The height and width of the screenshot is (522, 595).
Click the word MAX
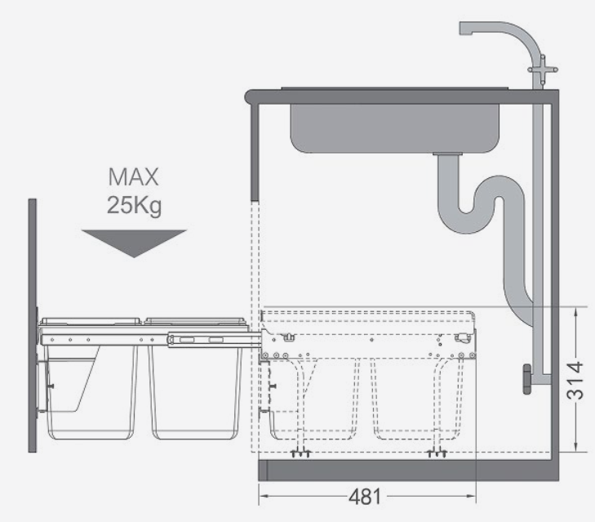coord(133,177)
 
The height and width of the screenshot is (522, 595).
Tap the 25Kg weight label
coord(135,206)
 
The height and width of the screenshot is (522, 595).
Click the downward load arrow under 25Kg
coord(134,243)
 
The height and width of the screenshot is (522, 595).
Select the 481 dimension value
coord(365,497)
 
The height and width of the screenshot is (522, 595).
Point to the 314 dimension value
coord(575,381)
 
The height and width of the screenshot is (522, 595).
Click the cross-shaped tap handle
coord(543,69)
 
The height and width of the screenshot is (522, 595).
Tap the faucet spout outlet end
coord(466,29)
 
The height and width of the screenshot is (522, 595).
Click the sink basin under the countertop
coord(395,128)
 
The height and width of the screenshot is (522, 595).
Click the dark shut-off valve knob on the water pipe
coord(527,379)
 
